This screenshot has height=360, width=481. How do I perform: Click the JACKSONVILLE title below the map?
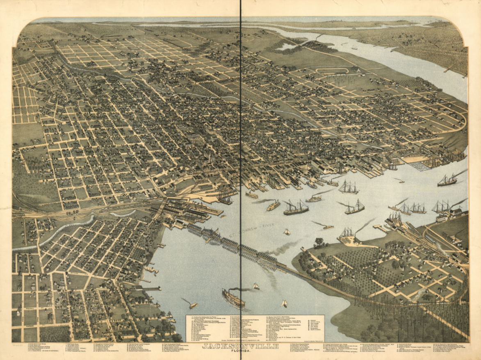click(240, 346)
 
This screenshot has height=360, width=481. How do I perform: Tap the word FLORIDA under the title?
click(240, 351)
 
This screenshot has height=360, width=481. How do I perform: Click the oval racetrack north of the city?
click(333, 71)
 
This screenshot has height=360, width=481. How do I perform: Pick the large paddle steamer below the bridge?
click(233, 299)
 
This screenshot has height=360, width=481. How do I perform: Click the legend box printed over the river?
click(255, 328)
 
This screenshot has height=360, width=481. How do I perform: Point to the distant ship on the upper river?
click(354, 48)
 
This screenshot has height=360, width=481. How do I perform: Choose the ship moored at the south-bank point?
click(347, 235)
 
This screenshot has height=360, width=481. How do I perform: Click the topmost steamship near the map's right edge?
click(447, 180)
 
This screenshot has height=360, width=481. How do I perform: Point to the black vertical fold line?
click(240, 123)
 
